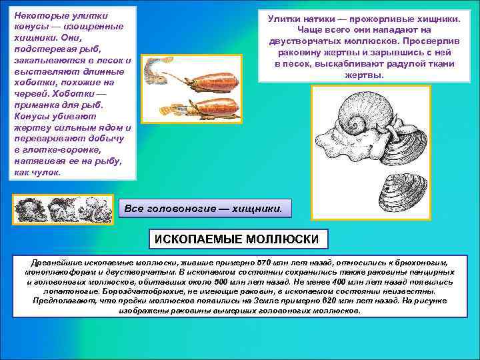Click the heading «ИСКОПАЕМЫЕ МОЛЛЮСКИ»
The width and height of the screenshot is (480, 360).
coord(237,239)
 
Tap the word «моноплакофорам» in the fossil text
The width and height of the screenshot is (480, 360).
coord(58,273)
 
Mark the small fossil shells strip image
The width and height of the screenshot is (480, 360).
coord(64,209)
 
